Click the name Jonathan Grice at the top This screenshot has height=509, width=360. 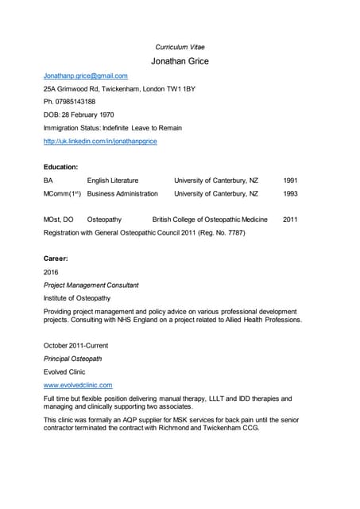click(180, 61)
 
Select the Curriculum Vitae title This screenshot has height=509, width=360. click(180, 47)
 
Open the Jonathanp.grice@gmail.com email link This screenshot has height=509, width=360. click(86, 76)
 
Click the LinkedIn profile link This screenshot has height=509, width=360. click(100, 141)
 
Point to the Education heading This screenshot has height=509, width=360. click(60, 167)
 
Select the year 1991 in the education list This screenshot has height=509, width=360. click(290, 181)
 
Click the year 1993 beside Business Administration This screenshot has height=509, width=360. click(290, 193)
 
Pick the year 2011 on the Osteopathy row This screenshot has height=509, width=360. click(290, 220)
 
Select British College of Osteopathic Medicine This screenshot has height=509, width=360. click(210, 220)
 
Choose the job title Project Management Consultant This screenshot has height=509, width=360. click(91, 285)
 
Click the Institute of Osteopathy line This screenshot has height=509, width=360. click(77, 297)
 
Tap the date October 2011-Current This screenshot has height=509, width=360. click(76, 346)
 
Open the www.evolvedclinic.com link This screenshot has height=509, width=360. click(78, 385)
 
